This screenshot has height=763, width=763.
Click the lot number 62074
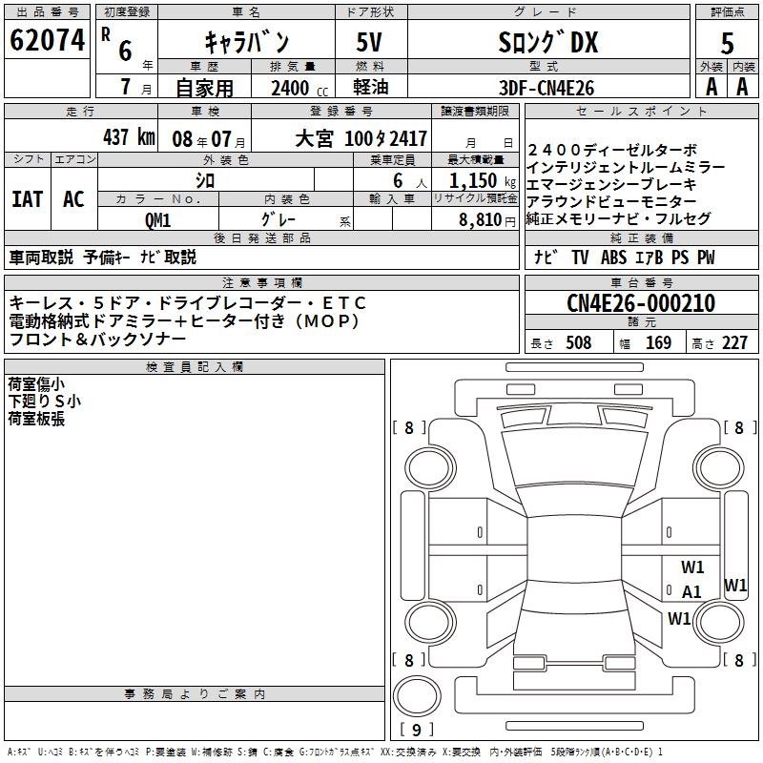(x=46, y=40)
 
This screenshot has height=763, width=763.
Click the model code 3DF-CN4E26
(x=546, y=88)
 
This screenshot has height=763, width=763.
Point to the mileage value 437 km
(x=129, y=137)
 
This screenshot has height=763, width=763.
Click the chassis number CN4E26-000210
(x=640, y=303)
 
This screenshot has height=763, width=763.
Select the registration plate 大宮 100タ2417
(x=360, y=137)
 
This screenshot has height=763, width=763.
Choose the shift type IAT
(x=27, y=198)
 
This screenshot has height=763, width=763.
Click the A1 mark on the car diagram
(x=691, y=591)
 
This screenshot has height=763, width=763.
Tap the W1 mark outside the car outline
(x=735, y=585)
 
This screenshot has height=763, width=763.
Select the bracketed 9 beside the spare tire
(x=416, y=731)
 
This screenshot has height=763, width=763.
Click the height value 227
(x=733, y=342)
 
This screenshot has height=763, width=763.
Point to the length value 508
(x=578, y=342)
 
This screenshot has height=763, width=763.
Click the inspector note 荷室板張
(x=36, y=419)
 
